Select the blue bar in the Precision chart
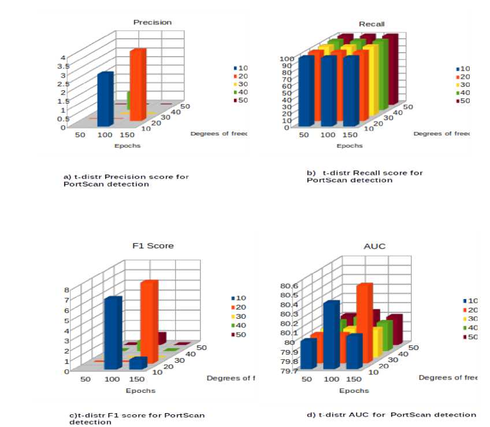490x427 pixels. (104, 98)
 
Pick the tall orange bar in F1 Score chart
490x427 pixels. (148, 321)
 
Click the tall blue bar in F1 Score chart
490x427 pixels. (112, 333)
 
